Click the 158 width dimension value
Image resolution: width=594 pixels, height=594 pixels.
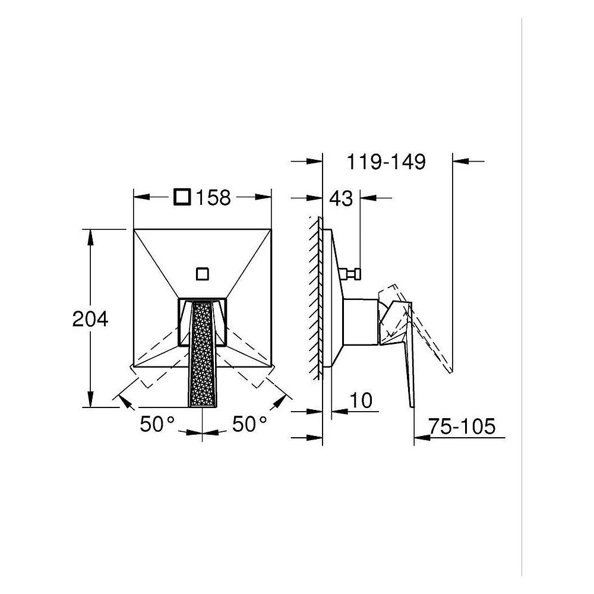tap(213, 197)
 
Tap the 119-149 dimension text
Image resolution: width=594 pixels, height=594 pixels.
tap(386, 162)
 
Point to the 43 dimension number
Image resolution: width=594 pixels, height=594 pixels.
tap(341, 198)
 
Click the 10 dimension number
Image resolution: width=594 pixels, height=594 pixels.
tap(361, 400)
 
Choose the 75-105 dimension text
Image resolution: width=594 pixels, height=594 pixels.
tap(462, 426)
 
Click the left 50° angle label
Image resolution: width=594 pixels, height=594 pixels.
tap(157, 424)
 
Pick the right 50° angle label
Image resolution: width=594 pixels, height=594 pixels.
tap(249, 424)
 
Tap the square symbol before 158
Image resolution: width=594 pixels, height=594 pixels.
tap(182, 197)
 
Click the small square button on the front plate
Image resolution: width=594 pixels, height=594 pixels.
tap(203, 273)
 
